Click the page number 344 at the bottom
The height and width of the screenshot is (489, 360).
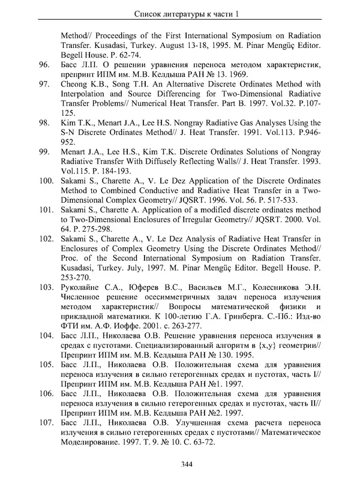pos(186,463)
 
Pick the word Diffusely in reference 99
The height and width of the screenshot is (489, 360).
pos(177,161)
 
